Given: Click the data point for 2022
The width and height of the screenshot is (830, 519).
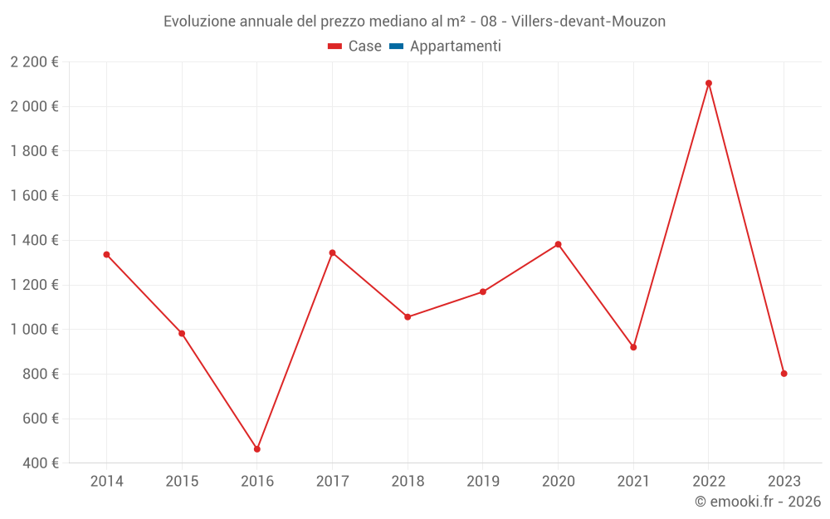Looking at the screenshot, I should pyautogui.click(x=709, y=83).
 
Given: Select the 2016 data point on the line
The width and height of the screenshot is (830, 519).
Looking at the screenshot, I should pyautogui.click(x=257, y=449).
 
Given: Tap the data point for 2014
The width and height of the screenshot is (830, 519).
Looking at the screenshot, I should pyautogui.click(x=106, y=254).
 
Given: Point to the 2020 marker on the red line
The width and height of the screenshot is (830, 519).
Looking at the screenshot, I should pyautogui.click(x=558, y=244).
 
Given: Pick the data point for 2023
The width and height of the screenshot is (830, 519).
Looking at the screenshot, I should pyautogui.click(x=784, y=374).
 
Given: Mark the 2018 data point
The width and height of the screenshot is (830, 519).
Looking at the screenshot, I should pyautogui.click(x=408, y=317).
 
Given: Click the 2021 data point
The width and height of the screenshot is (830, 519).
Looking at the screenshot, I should pyautogui.click(x=633, y=347).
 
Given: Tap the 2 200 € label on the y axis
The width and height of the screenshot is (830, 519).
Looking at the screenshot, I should pyautogui.click(x=34, y=61).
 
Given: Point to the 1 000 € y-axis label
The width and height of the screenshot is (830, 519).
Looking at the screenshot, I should pyautogui.click(x=34, y=330).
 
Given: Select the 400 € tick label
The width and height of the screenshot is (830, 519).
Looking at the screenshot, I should pyautogui.click(x=42, y=463).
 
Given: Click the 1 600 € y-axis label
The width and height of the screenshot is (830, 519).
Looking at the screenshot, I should pyautogui.click(x=34, y=196).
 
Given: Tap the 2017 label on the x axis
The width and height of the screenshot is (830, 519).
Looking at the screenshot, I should pyautogui.click(x=332, y=482).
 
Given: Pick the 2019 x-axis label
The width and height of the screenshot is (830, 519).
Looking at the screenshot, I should pyautogui.click(x=483, y=482).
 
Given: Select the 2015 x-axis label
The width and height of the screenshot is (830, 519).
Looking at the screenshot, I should pyautogui.click(x=182, y=482).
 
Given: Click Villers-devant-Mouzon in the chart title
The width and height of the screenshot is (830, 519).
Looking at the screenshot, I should pyautogui.click(x=589, y=22).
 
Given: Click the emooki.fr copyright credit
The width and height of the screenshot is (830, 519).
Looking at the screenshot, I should pyautogui.click(x=758, y=502).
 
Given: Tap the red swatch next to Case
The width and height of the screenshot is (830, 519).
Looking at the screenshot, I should pyautogui.click(x=335, y=47).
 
